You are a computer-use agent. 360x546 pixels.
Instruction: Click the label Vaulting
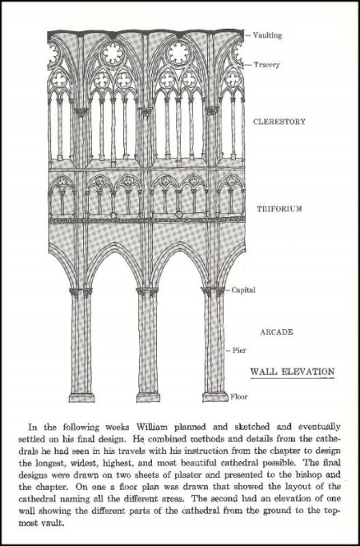[267, 35]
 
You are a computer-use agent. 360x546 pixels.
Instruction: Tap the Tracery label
[266, 65]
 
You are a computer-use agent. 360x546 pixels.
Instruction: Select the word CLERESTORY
[279, 122]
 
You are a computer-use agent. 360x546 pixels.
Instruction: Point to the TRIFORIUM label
[279, 209]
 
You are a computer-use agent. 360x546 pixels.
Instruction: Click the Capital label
[243, 290]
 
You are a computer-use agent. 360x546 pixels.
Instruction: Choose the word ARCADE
[277, 332]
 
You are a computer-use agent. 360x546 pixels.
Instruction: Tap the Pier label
[239, 351]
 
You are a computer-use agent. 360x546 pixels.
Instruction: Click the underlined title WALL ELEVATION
[292, 371]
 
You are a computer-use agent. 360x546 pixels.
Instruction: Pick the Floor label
[239, 396]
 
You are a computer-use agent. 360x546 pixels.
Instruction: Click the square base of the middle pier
[148, 397]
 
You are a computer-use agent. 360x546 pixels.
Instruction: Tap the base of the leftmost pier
[82, 397]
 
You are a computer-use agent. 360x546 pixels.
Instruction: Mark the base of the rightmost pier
[216, 397]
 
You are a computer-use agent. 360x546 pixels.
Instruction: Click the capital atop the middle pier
[147, 291]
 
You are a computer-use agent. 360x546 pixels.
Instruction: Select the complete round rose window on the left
[113, 54]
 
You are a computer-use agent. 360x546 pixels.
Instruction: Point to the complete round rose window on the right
[178, 54]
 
